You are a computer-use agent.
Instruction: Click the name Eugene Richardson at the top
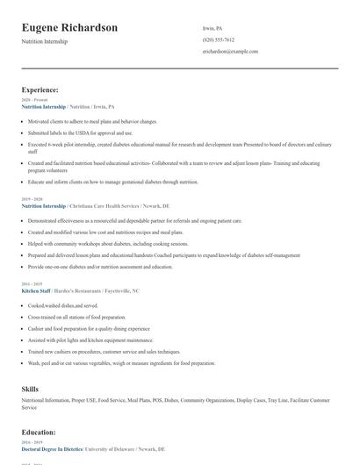(x=69, y=27)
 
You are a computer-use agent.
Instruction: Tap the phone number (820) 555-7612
(x=218, y=39)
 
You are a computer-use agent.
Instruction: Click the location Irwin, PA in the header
(x=213, y=27)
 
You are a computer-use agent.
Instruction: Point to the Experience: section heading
(x=40, y=89)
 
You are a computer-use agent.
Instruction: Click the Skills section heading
(x=31, y=387)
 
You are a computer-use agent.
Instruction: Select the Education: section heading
(x=40, y=432)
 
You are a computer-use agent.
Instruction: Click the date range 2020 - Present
(x=34, y=100)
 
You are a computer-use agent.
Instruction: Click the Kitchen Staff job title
(x=38, y=290)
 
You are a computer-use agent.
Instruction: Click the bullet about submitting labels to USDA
(x=80, y=132)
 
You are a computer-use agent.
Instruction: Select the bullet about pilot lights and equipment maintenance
(x=89, y=340)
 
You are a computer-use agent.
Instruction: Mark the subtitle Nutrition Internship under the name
(x=45, y=41)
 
